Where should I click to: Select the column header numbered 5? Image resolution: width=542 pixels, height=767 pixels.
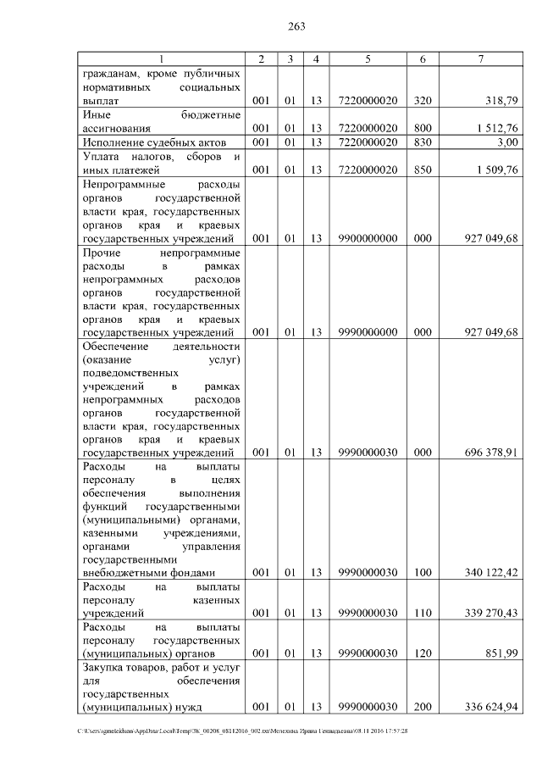[x=368, y=58]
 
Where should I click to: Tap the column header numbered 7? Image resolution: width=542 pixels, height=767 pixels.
[x=480, y=58]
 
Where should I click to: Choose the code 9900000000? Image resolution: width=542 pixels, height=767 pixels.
[x=368, y=239]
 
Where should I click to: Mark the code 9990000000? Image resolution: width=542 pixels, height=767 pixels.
[x=368, y=331]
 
